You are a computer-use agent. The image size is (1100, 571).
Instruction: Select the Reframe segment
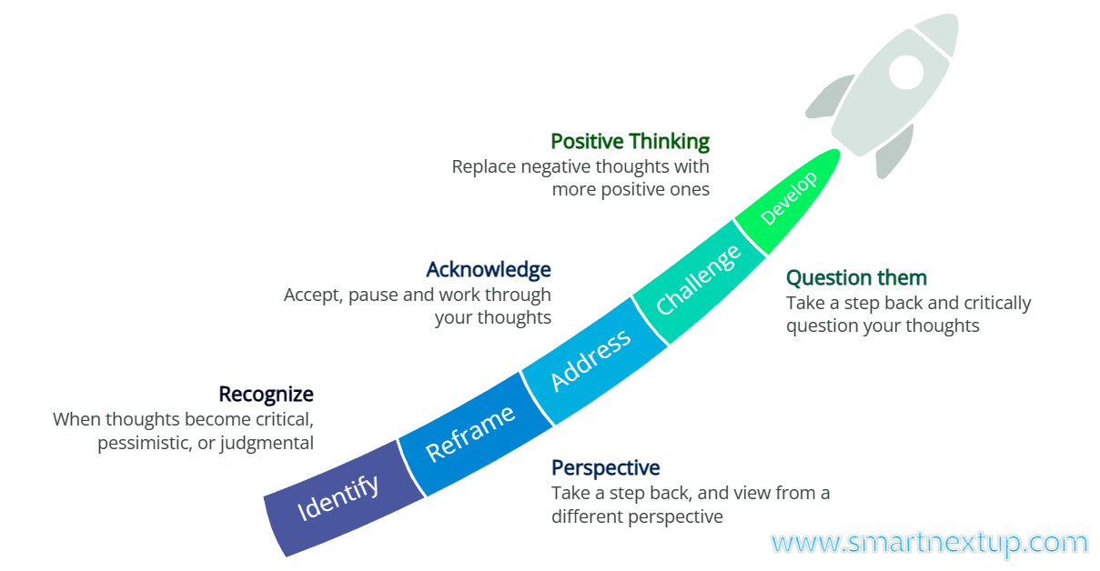click(470, 432)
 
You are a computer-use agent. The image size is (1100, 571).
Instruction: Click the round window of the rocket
click(906, 72)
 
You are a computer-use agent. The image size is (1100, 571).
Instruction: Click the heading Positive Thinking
click(630, 142)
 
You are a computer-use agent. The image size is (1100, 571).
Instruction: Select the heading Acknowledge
click(488, 270)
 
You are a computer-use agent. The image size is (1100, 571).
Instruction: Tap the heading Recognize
click(266, 395)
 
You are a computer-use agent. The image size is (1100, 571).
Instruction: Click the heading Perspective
click(605, 468)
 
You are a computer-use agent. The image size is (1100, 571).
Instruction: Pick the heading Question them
click(856, 277)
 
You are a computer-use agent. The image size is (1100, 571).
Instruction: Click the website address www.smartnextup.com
click(929, 543)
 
